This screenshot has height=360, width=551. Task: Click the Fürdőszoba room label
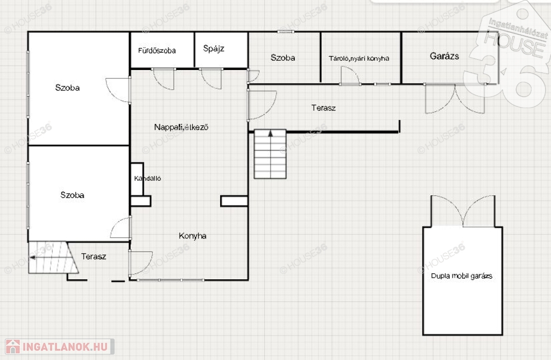click(157, 51)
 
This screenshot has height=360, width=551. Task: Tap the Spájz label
click(214, 48)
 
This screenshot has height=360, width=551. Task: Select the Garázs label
click(444, 56)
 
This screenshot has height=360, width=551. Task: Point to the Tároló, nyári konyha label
click(359, 58)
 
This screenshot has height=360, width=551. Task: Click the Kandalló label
click(147, 178)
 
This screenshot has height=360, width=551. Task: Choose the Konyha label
click(192, 236)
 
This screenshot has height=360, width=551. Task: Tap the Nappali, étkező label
click(181, 127)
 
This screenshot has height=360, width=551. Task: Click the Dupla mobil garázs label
click(461, 276)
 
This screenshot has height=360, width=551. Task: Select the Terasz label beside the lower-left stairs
click(94, 256)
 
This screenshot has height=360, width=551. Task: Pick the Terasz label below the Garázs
click(323, 108)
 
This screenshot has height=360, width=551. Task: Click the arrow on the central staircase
click(270, 133)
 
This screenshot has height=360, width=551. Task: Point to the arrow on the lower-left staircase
click(32, 258)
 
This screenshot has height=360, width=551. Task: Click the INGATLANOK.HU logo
click(60, 347)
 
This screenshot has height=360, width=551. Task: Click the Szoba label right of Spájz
click(282, 58)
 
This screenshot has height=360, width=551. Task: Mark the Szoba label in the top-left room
click(67, 88)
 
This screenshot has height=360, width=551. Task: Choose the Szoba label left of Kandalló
click(72, 195)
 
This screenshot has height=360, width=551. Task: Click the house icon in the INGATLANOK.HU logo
click(13, 347)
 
